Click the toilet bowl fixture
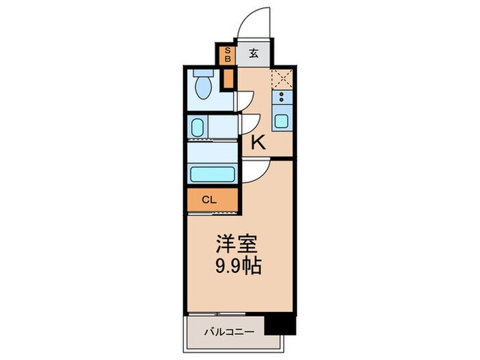[204, 88]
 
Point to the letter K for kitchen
[259, 143]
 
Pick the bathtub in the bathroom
[212, 174]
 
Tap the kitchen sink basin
[282, 121]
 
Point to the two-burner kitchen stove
[282, 99]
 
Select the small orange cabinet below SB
[228, 77]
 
